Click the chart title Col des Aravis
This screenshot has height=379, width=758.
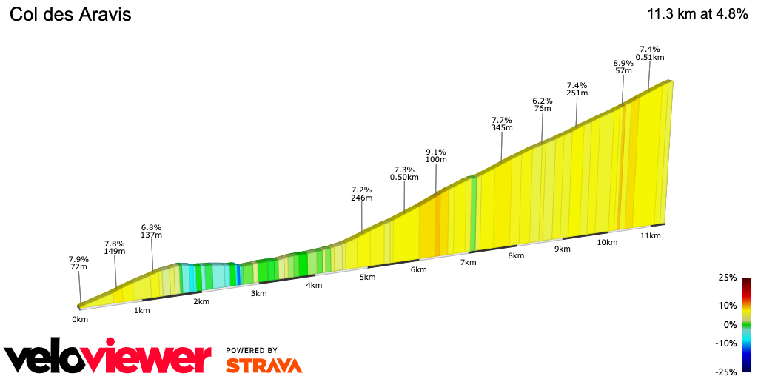pyautogui.click(x=70, y=15)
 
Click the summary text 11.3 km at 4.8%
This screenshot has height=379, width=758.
pyautogui.click(x=697, y=15)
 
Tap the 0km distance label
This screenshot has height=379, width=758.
pyautogui.click(x=80, y=319)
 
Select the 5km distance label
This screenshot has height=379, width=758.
pyautogui.click(x=368, y=278)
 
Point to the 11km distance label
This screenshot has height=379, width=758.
pyautogui.click(x=650, y=235)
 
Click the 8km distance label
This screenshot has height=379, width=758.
pyautogui.click(x=516, y=256)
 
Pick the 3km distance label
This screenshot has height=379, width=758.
pyautogui.click(x=258, y=294)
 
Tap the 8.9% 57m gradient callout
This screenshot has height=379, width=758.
pyautogui.click(x=623, y=67)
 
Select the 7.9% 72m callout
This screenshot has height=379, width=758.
pyautogui.click(x=78, y=264)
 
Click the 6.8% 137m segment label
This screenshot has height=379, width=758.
pyautogui.click(x=151, y=231)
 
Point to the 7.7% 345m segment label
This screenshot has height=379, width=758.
pyautogui.click(x=502, y=124)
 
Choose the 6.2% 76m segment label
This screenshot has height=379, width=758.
pyautogui.click(x=543, y=104)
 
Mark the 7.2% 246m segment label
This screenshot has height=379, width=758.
pyautogui.click(x=361, y=194)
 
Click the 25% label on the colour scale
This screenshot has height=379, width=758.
pyautogui.click(x=727, y=278)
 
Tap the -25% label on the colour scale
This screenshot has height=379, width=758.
pyautogui.click(x=725, y=372)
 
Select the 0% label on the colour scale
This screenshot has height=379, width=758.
pyautogui.click(x=730, y=324)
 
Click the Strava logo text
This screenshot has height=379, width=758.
pyautogui.click(x=264, y=365)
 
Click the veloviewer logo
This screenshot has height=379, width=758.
pyautogui.click(x=107, y=358)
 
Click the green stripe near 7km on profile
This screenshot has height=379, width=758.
pyautogui.click(x=473, y=215)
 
